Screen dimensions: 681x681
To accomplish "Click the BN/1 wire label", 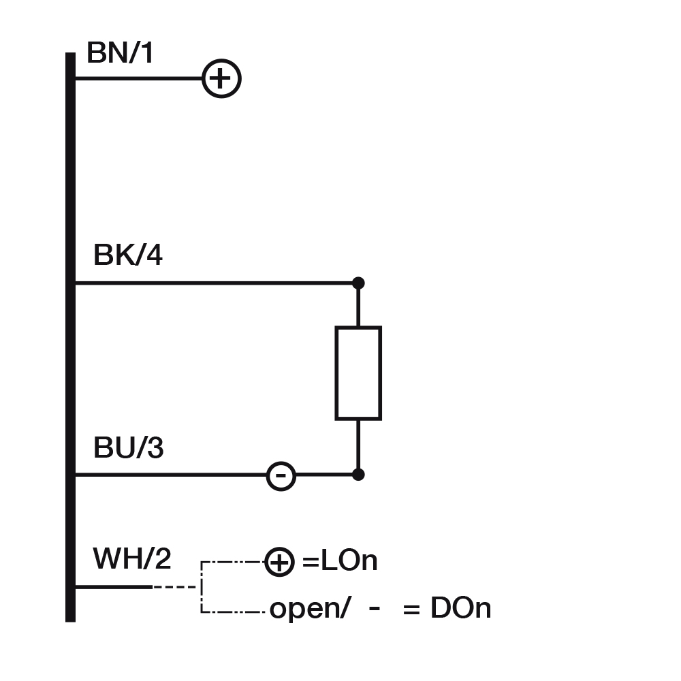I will (x=121, y=53).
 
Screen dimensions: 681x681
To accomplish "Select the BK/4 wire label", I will (x=128, y=256).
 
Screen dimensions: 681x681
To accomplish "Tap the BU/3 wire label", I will (x=128, y=449).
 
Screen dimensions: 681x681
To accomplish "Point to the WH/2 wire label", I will (x=132, y=559).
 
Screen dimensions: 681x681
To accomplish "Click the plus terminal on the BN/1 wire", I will (x=221, y=78).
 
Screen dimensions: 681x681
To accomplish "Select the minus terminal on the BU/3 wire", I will (x=281, y=475).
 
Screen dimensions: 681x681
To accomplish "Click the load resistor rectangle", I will (x=358, y=373).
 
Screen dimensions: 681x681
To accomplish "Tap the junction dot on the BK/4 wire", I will (x=358, y=283).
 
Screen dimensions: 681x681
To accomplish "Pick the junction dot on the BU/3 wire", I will (x=358, y=474).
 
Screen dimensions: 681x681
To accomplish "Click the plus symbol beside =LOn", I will (x=279, y=563).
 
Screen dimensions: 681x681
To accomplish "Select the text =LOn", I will (x=339, y=562).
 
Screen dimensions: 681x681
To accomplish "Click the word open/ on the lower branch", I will (x=310, y=609).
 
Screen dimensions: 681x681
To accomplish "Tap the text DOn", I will (x=460, y=608).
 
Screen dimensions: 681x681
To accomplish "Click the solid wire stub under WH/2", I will (x=113, y=586).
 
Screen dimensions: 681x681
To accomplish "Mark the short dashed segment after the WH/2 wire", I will (x=174, y=586).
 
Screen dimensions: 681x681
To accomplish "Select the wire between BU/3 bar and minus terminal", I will (x=170, y=475).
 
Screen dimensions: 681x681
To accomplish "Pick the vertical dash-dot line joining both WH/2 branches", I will (x=201, y=587).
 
